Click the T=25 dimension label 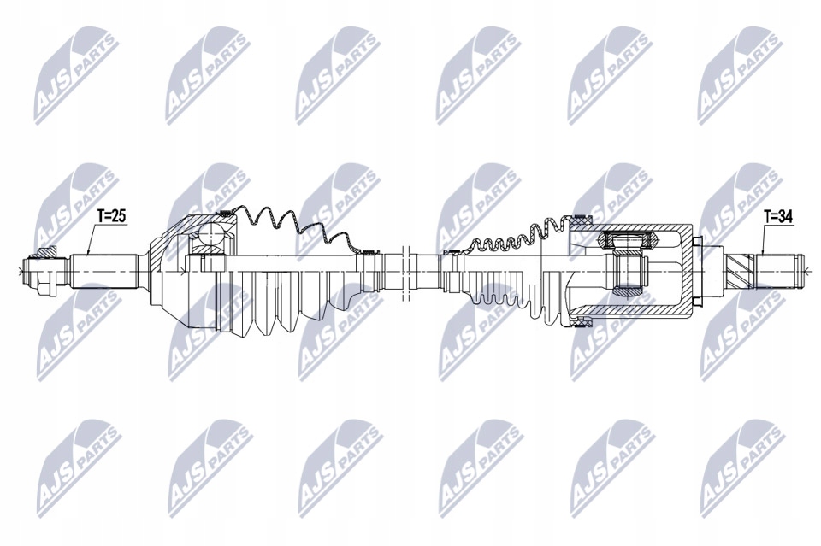111,217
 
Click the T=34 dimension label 778,217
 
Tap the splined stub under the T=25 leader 107,269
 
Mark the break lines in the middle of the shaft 405,267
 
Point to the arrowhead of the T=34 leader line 761,255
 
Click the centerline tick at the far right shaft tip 805,270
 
